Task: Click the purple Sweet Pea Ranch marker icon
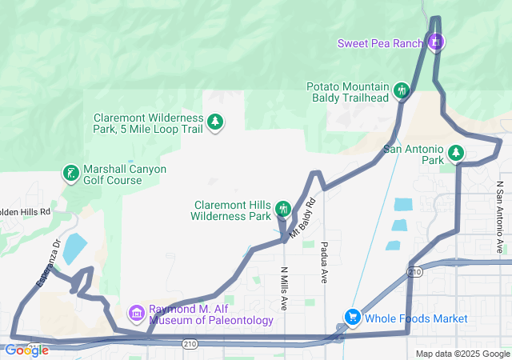click(x=435, y=42)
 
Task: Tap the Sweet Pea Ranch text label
click(x=379, y=43)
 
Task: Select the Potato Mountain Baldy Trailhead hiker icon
click(x=402, y=92)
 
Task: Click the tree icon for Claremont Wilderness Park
click(x=215, y=122)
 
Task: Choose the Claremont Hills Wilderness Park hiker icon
click(x=282, y=210)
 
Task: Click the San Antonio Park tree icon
click(x=456, y=153)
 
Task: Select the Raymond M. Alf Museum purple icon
click(x=136, y=312)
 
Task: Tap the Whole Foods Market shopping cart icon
click(x=351, y=318)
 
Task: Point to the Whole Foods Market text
click(x=416, y=318)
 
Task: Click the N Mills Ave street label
click(x=284, y=289)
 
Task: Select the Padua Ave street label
click(x=325, y=261)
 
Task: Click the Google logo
click(x=26, y=350)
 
